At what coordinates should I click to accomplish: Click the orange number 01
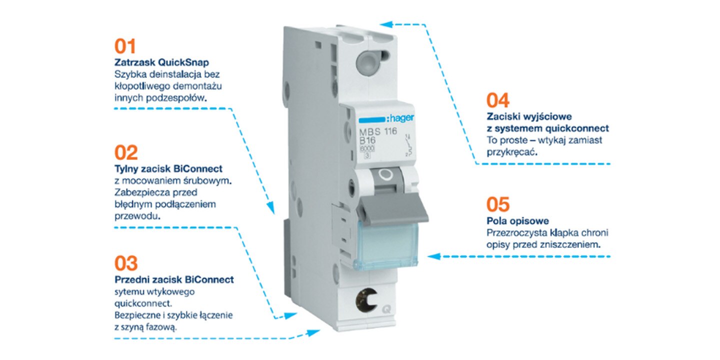click(x=125, y=46)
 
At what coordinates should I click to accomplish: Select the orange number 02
click(x=126, y=152)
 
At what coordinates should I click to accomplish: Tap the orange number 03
click(x=126, y=263)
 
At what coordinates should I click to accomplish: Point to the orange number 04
click(x=498, y=100)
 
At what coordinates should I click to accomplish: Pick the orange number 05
click(x=498, y=204)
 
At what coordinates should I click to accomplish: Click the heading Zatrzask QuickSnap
click(x=162, y=63)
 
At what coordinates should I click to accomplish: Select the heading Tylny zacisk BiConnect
click(x=168, y=169)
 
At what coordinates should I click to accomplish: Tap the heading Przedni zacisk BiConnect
click(x=174, y=279)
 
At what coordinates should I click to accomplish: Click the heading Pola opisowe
click(x=517, y=221)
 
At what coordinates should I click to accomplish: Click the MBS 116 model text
click(x=378, y=132)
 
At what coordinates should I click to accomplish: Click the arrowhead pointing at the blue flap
click(x=433, y=256)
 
